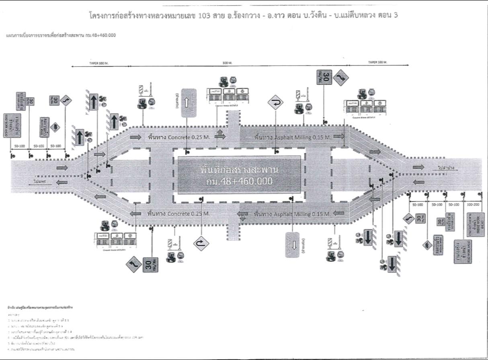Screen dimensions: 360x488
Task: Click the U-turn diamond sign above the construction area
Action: coord(276,102)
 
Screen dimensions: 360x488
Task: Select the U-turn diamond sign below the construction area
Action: coord(201,243)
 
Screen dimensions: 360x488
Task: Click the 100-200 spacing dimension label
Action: coord(473,205)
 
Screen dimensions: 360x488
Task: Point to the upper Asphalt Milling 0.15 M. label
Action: coord(292,137)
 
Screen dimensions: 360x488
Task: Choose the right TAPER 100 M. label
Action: coord(377,63)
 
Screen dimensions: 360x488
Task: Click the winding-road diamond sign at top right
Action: coord(341,78)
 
